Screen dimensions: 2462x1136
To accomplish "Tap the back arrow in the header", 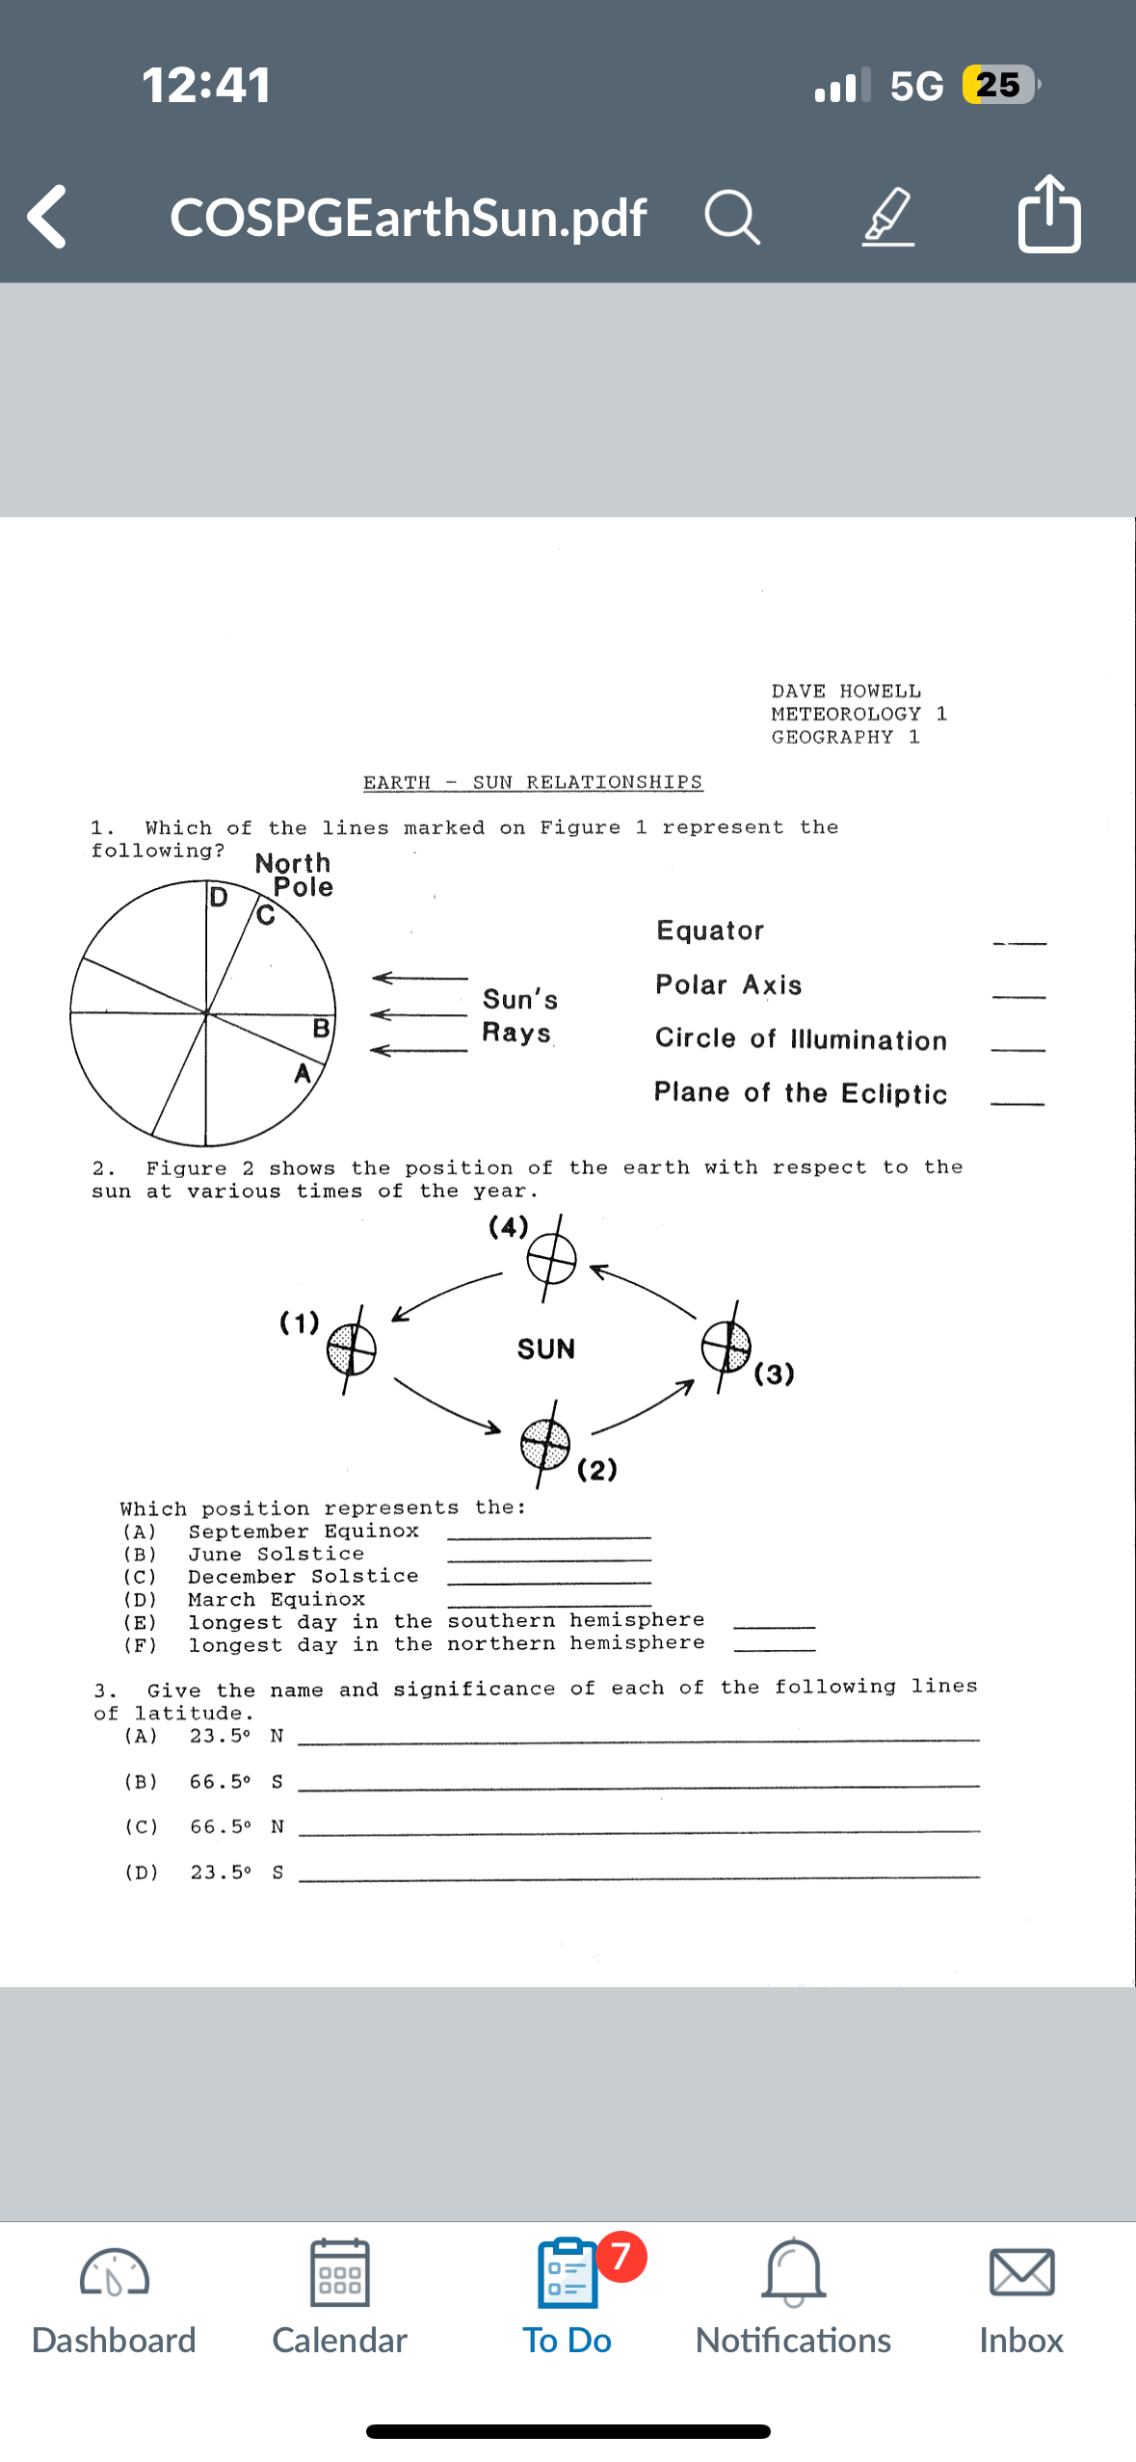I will [x=47, y=217].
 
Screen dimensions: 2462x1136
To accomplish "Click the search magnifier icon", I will [x=732, y=217].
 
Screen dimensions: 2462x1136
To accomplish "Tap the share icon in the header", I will [x=1048, y=214].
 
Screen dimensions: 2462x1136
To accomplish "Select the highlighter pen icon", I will [x=887, y=217].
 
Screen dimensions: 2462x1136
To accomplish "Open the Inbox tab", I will [x=1020, y=2298].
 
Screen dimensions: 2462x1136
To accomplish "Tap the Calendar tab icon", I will [x=339, y=2273].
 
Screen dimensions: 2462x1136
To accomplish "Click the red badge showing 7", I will [x=621, y=2256].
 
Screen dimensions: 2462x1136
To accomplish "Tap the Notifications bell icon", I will [x=793, y=2273].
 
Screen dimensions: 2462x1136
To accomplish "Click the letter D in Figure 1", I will [x=219, y=898].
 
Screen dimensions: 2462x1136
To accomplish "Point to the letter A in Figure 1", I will [x=303, y=1073].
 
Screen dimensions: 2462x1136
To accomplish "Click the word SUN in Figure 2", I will [x=545, y=1349].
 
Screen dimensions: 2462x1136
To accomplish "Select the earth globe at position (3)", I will [x=726, y=1346].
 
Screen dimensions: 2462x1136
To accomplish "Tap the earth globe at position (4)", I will [x=551, y=1258].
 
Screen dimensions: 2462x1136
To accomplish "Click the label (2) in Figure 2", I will [x=597, y=1469].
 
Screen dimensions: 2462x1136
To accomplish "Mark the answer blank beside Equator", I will [x=1019, y=941].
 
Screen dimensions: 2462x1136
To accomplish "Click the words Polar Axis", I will [x=728, y=984].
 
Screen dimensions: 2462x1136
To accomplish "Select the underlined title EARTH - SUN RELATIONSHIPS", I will [x=533, y=782].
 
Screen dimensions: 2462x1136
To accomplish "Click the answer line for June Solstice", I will [x=549, y=1558].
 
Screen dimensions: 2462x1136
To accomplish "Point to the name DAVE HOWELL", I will [x=846, y=691].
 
